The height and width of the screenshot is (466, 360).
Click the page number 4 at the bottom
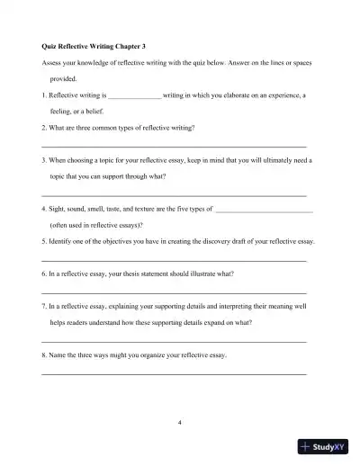click(180, 422)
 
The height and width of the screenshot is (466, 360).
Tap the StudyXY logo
click(322, 445)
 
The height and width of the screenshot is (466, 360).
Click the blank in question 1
click(134, 95)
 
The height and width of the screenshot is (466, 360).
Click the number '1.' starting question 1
click(44, 94)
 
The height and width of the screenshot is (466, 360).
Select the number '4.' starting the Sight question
click(44, 209)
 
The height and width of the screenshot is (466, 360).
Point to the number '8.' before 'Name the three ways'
click(44, 355)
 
